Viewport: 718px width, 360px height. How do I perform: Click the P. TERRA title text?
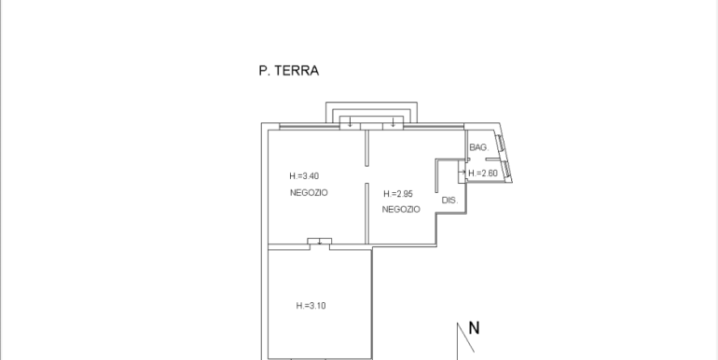pyautogui.click(x=289, y=70)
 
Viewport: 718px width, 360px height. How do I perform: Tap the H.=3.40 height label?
pyautogui.click(x=304, y=176)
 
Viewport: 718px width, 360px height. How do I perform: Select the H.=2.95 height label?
pyautogui.click(x=397, y=194)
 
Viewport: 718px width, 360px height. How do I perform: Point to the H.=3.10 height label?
pyautogui.click(x=311, y=306)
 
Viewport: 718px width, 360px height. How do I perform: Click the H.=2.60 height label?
pyautogui.click(x=484, y=173)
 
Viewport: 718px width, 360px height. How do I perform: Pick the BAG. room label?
pyautogui.click(x=478, y=148)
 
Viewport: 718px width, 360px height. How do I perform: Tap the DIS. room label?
pyautogui.click(x=449, y=201)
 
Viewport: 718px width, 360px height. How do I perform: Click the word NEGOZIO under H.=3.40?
pyautogui.click(x=309, y=192)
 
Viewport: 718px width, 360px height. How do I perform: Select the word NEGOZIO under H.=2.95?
pyautogui.click(x=401, y=210)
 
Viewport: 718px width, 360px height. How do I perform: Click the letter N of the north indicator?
pyautogui.click(x=474, y=327)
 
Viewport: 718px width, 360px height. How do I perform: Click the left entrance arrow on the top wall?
pyautogui.click(x=349, y=122)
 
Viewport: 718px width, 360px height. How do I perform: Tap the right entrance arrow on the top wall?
pyautogui.click(x=394, y=122)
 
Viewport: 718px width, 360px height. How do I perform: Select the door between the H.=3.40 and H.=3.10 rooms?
pyautogui.click(x=320, y=242)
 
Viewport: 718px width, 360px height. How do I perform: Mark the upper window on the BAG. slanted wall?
pyautogui.click(x=499, y=145)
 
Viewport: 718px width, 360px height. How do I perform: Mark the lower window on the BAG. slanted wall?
pyautogui.click(x=504, y=169)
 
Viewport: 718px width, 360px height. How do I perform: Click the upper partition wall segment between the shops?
pyautogui.click(x=366, y=150)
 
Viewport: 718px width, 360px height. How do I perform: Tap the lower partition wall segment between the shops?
pyautogui.click(x=366, y=213)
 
